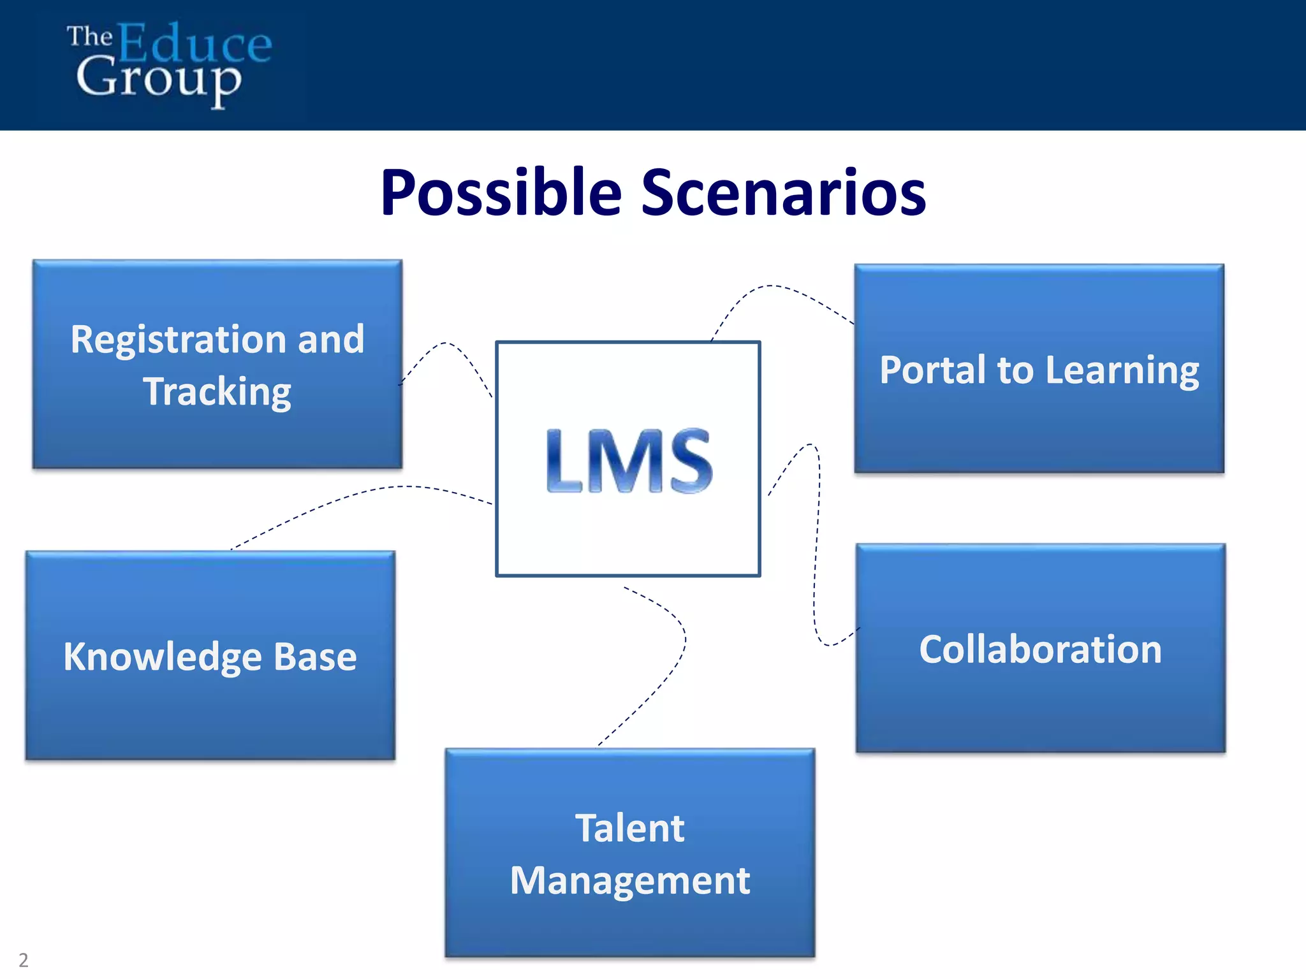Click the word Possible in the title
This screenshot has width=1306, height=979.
pyautogui.click(x=501, y=192)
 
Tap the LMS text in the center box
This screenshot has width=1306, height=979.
pyautogui.click(x=629, y=461)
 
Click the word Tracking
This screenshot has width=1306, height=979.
pyautogui.click(x=217, y=391)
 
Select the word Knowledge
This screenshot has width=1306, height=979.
pyautogui.click(x=163, y=657)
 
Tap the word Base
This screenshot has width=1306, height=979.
pyautogui.click(x=315, y=656)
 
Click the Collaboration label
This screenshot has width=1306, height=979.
pyautogui.click(x=1040, y=649)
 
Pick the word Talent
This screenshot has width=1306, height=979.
pyautogui.click(x=629, y=828)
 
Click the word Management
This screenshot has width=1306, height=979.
pyautogui.click(x=629, y=881)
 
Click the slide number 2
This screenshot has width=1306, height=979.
pyautogui.click(x=24, y=960)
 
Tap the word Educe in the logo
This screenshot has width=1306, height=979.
pyautogui.click(x=194, y=43)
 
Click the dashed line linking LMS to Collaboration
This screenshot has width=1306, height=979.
pyautogui.click(x=816, y=555)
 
